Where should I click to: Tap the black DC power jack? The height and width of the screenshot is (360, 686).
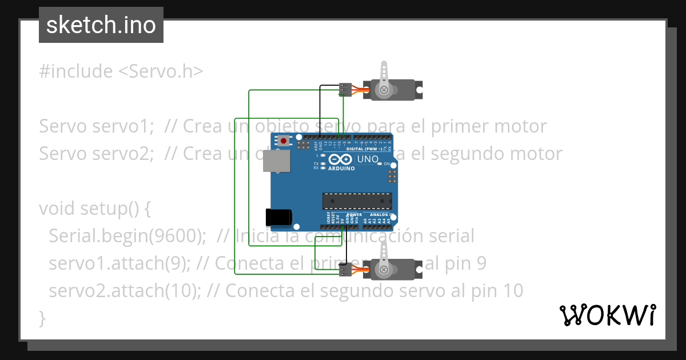[x=279, y=217]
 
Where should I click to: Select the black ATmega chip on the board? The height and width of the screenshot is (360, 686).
[x=357, y=201]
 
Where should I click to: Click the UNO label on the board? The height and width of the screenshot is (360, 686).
[x=368, y=159]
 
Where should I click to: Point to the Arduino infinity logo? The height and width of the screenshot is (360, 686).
[x=342, y=161]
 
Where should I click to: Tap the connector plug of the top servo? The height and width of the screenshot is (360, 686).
[x=345, y=89]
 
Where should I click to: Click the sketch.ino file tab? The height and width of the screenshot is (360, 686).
[x=101, y=25]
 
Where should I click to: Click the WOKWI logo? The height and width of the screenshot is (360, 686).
[x=607, y=315]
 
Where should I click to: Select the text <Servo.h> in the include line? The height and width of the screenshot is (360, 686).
[x=161, y=71]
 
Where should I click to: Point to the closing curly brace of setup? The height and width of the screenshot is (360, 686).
[x=42, y=318]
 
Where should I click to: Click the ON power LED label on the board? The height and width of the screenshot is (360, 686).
[x=386, y=164]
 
